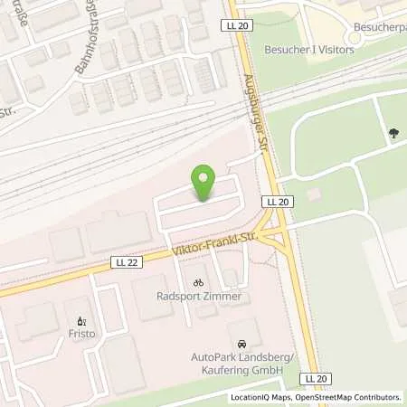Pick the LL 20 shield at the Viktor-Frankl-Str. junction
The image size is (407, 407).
click(x=276, y=201)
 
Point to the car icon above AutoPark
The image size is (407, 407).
click(x=241, y=345)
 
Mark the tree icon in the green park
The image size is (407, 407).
click(x=393, y=135)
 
